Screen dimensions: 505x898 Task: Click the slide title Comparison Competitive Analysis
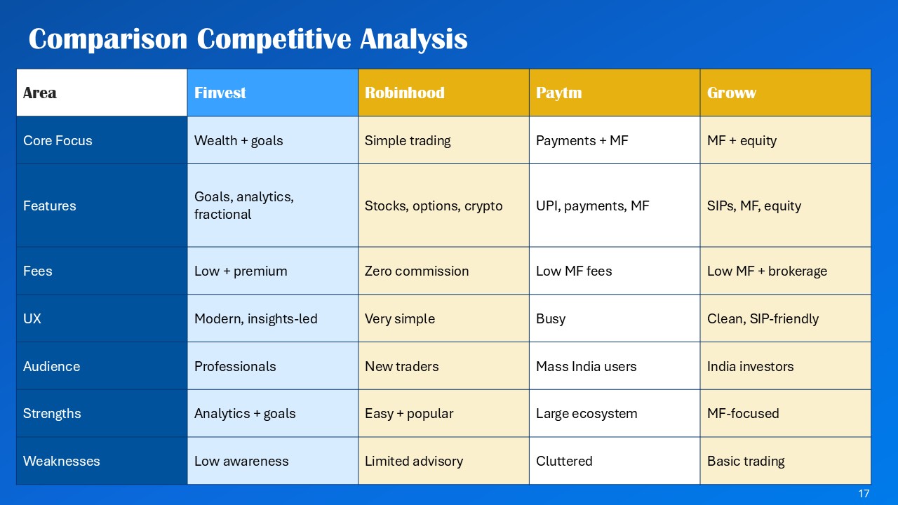point(248,39)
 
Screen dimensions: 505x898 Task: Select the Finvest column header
point(220,93)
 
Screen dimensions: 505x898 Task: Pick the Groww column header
point(731,93)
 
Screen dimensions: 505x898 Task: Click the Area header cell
point(40,93)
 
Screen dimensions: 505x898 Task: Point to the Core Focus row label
point(58,140)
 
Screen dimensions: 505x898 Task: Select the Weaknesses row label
point(61,461)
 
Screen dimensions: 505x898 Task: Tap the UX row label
point(32,318)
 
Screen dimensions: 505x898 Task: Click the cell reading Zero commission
point(417,271)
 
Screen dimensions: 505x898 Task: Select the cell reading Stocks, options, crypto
point(434,206)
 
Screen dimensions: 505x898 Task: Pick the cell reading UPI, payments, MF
point(592,206)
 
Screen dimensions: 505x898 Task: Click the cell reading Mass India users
point(586,366)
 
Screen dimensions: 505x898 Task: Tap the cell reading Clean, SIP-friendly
point(763,318)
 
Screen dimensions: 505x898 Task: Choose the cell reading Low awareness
point(241,461)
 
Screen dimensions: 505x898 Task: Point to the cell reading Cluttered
point(564,461)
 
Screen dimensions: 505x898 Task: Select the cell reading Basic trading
point(746,461)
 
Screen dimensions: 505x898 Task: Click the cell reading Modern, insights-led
point(255,318)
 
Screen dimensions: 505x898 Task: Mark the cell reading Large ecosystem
point(587,413)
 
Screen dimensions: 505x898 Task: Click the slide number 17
point(864,494)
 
